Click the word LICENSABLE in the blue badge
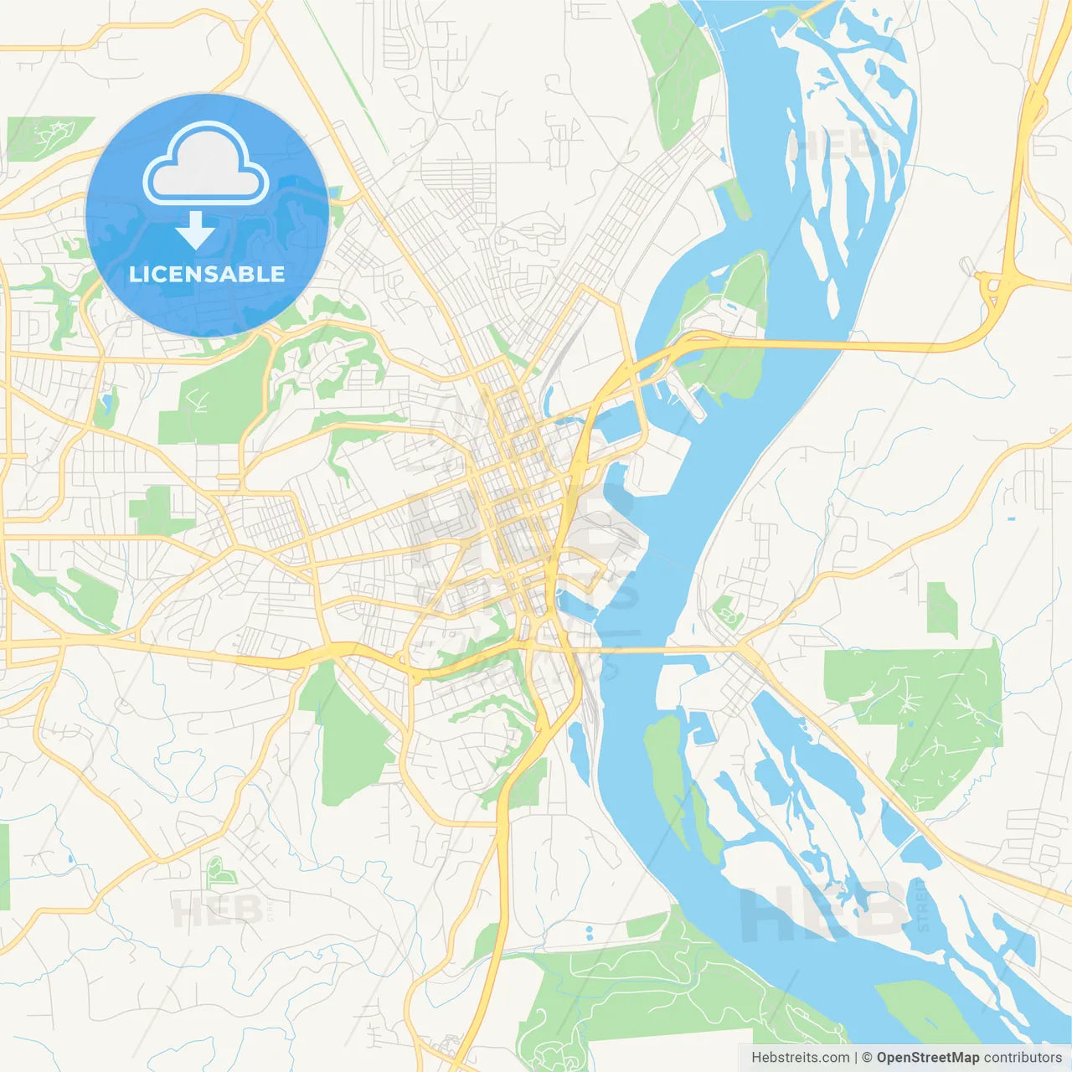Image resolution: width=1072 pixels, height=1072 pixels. pyautogui.click(x=207, y=274)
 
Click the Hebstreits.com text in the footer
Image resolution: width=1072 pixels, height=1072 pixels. pyautogui.click(x=801, y=1058)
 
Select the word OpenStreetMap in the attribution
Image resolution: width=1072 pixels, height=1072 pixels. pyautogui.click(x=927, y=1058)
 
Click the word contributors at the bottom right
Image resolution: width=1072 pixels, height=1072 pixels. pyautogui.click(x=1023, y=1058)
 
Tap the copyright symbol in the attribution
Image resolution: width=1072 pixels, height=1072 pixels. pyautogui.click(x=867, y=1058)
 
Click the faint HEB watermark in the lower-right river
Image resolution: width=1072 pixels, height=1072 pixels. pyautogui.click(x=821, y=913)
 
